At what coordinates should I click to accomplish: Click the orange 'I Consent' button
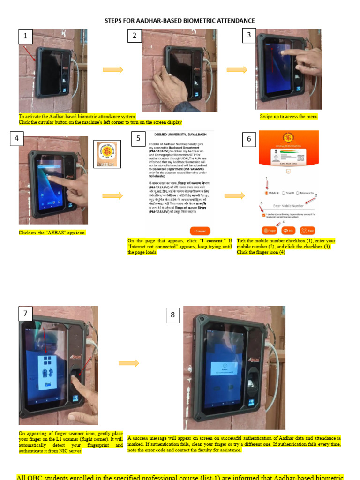tap(200, 231)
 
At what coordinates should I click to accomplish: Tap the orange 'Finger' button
tap(270, 230)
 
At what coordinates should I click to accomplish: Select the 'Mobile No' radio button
tap(267, 193)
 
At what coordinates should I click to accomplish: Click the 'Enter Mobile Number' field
tap(291, 206)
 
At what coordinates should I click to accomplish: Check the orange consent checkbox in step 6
tap(264, 215)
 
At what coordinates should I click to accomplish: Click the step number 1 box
tap(25, 36)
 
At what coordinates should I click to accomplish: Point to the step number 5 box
tap(138, 138)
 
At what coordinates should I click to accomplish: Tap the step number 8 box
tap(172, 315)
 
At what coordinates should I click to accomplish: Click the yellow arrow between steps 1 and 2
tap(112, 70)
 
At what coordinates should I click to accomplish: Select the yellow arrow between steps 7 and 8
tap(129, 363)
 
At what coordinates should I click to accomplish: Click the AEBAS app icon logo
tap(107, 154)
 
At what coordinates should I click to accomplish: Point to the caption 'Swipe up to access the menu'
tap(289, 116)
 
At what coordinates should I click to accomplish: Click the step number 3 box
tap(249, 35)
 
